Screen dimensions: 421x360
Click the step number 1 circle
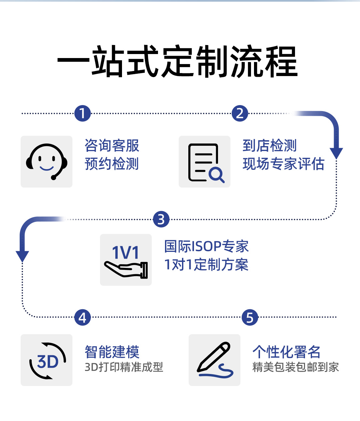83,113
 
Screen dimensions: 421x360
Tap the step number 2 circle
240,113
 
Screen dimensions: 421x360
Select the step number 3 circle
161,220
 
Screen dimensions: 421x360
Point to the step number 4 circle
83,317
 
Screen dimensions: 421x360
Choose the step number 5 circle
250,317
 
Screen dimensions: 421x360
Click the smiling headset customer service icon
47,161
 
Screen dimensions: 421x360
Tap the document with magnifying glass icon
205,162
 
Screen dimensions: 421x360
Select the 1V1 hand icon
126,260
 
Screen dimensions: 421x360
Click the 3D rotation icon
47,360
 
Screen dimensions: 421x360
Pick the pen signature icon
215,360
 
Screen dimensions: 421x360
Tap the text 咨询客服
112,146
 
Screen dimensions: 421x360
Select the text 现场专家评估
284,164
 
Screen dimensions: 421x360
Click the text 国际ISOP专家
207,247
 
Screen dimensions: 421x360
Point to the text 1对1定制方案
207,265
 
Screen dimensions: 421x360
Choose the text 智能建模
112,352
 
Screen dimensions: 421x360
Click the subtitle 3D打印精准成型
124,367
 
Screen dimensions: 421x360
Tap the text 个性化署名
286,352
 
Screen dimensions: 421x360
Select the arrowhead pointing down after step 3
22,256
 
